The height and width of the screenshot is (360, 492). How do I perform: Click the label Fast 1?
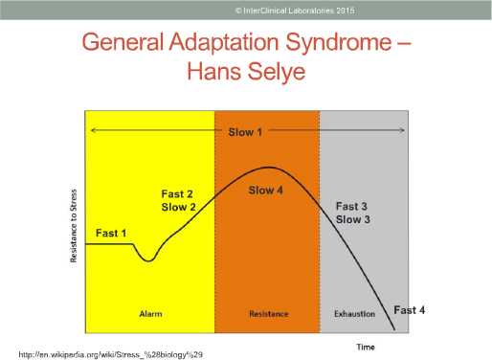coord(111,234)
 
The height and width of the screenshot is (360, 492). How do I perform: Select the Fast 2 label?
coord(177,193)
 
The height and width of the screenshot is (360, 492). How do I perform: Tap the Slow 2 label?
coord(178,207)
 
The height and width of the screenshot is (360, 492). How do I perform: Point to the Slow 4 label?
coord(266,191)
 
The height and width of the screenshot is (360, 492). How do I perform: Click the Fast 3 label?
coord(351,206)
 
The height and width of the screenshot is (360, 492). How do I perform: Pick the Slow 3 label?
coord(353,219)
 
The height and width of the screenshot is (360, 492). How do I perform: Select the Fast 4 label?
coord(410,310)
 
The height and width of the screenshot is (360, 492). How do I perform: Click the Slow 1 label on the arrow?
coord(245,132)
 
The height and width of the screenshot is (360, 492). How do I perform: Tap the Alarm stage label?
coord(150,314)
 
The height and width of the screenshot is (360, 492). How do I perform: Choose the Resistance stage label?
coord(269,314)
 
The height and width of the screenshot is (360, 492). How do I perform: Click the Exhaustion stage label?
coord(354,314)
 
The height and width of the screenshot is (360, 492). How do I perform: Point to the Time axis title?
coord(366,347)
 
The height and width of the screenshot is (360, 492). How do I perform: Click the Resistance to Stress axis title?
coord(74,226)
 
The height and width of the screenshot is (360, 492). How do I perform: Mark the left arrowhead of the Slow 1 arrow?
coord(93,130)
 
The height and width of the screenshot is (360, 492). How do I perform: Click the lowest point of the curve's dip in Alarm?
coord(148,261)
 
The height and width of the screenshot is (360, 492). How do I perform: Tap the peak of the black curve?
coord(269,168)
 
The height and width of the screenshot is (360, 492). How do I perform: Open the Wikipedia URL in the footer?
coord(111,354)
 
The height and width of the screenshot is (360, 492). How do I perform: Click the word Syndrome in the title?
coord(339,43)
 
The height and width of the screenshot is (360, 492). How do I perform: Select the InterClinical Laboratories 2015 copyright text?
coord(295,11)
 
